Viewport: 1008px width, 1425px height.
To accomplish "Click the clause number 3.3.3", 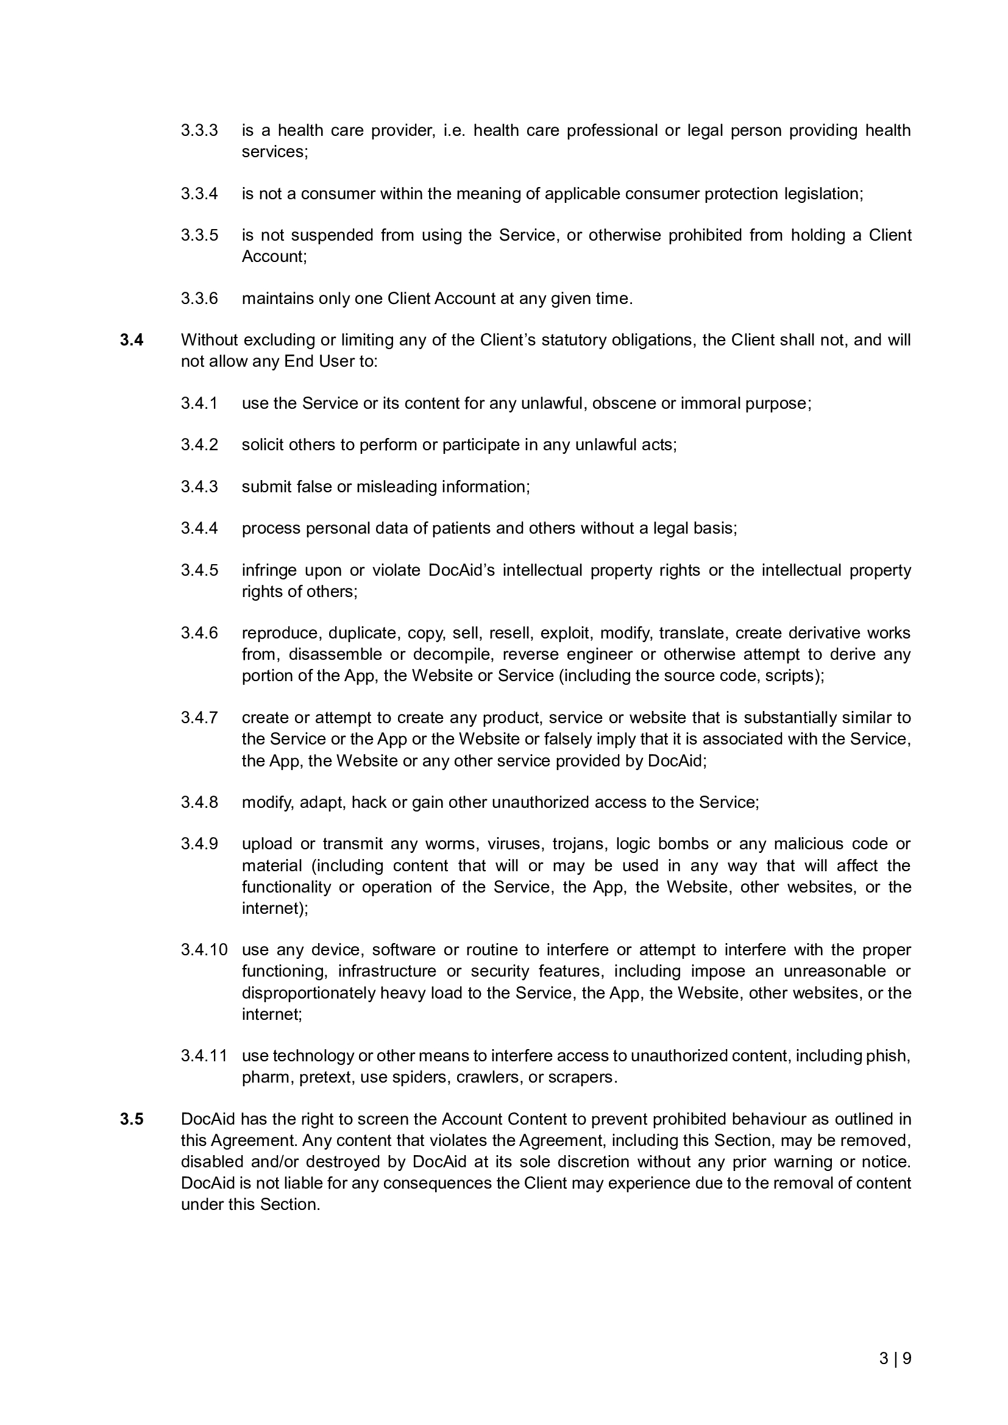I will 199,130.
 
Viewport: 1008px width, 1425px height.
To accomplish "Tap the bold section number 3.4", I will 132,340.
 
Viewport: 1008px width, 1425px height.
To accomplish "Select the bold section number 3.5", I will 132,1119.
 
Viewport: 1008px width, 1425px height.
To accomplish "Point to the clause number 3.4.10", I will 204,950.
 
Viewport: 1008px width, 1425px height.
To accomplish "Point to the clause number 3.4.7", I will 199,718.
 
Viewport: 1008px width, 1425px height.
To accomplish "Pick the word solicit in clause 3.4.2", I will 263,444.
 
